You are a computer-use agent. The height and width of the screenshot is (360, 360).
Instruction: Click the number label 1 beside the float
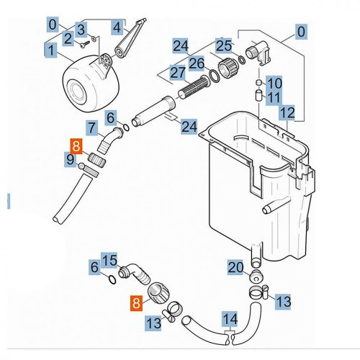(51, 50)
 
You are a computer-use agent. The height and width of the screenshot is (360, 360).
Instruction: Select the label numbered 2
(67, 37)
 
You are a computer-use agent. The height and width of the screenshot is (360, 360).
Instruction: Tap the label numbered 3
(81, 29)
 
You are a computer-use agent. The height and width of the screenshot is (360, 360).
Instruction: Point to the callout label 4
(118, 28)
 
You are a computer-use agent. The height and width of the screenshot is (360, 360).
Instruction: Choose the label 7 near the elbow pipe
(91, 129)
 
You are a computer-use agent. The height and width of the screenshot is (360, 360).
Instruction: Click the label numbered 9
(70, 158)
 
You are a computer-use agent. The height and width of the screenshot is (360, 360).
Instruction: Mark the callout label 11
(274, 97)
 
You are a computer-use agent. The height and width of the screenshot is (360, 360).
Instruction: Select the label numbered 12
(287, 112)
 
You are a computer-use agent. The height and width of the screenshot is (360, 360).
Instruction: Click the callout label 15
(109, 260)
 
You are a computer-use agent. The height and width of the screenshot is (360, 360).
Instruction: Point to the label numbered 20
(235, 267)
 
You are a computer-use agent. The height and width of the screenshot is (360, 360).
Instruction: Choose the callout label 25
(223, 46)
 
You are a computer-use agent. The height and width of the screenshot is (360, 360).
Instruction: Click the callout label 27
(178, 71)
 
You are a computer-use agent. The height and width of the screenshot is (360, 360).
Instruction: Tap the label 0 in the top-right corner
(301, 31)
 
